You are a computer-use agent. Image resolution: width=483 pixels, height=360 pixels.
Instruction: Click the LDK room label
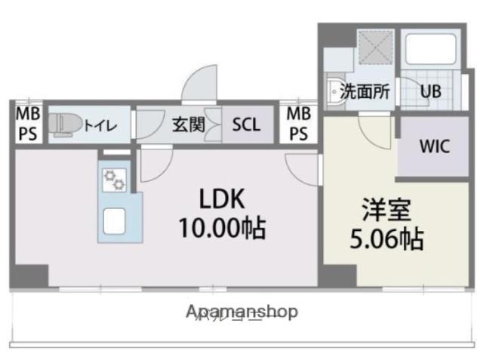222,199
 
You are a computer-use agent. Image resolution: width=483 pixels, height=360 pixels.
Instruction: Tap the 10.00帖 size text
221,226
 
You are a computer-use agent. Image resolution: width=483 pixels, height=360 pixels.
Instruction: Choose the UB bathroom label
431,93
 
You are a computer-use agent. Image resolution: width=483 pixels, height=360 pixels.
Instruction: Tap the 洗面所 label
365,93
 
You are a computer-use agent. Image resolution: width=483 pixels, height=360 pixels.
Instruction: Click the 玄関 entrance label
189,125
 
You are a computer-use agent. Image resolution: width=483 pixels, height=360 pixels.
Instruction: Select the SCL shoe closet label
246,125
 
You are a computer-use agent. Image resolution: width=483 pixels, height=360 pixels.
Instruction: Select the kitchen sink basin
115,220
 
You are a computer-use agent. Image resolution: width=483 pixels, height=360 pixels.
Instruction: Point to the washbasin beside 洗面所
334,91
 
